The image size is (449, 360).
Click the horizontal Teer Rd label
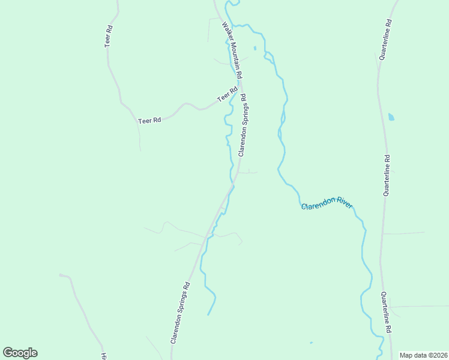[149, 121]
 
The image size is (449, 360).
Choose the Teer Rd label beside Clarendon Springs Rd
[227, 94]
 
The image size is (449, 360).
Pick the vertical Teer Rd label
[109, 36]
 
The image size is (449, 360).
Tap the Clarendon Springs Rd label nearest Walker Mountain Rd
[243, 125]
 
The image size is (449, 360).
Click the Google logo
[20, 353]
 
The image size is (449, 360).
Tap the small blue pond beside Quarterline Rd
[391, 117]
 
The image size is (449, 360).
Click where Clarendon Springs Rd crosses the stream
[232, 187]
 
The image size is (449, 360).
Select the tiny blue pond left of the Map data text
[311, 343]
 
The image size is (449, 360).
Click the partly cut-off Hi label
[103, 355]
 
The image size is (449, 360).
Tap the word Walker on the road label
[226, 29]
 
